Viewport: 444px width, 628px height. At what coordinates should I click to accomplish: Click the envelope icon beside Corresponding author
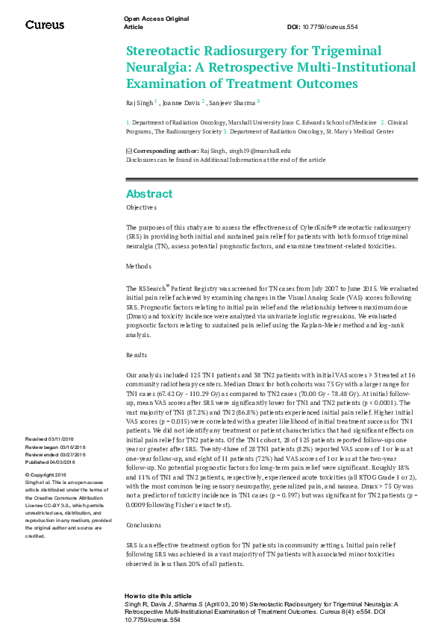click(x=128, y=151)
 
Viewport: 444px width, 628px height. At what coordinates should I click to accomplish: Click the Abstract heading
click(x=149, y=194)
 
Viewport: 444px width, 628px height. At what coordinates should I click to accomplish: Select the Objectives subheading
click(x=141, y=207)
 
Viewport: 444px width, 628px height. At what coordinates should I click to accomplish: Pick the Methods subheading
click(x=139, y=266)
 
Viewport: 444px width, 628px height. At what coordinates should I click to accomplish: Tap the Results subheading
click(x=137, y=356)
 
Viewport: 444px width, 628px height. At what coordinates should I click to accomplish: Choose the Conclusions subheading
click(x=143, y=483)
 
